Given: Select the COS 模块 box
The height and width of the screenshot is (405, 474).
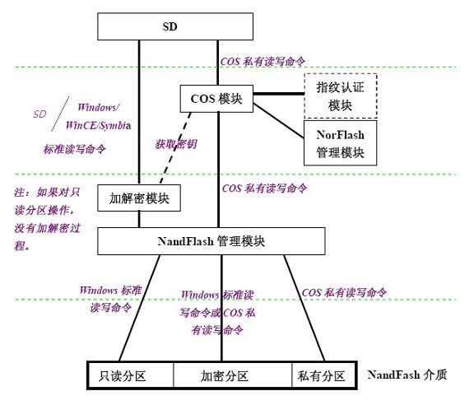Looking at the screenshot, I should pos(216,99).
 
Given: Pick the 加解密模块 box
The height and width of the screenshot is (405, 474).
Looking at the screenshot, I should pos(138,198).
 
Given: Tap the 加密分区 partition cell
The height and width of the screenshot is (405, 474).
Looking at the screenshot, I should pos(231,375).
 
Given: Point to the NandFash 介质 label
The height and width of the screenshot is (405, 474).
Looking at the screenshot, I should pos(407,374).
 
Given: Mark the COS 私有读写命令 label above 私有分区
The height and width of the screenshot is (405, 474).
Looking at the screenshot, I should pos(344,292).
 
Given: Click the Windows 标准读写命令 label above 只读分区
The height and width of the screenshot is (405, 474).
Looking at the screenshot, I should pos(109,299).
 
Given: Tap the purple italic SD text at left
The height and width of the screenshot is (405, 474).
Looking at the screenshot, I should pos(39,114).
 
